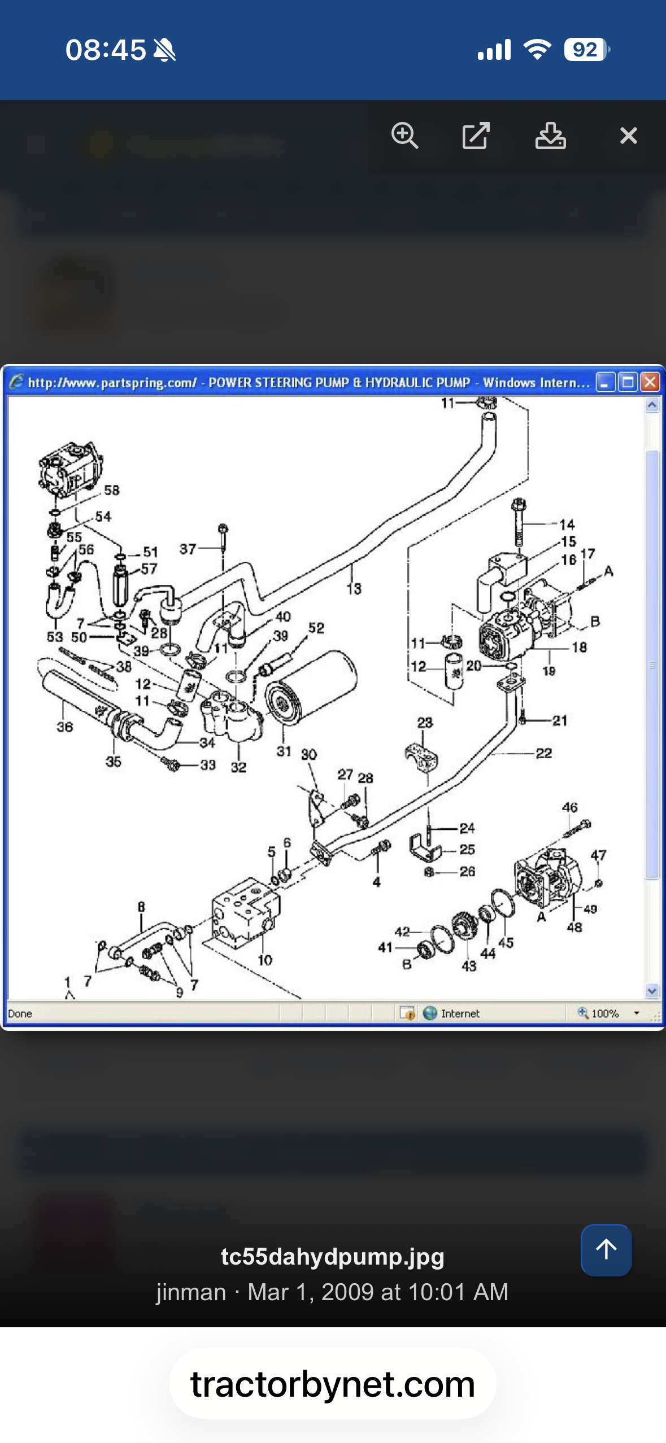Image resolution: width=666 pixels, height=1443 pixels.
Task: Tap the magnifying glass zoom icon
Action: (x=404, y=135)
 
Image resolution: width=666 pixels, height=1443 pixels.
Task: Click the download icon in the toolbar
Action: (x=550, y=135)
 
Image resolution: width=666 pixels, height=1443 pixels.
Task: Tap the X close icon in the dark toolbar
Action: (x=628, y=135)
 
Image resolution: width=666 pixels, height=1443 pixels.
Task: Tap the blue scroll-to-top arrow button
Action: (x=606, y=1249)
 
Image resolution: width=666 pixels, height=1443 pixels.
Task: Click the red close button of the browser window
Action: (x=650, y=382)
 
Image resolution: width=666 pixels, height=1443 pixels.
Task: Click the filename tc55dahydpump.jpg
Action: (x=332, y=1257)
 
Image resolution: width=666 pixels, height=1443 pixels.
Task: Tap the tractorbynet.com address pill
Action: (x=333, y=1384)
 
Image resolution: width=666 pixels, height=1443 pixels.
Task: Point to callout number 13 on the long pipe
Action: (x=354, y=589)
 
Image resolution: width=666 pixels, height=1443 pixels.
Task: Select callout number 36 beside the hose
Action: (x=64, y=727)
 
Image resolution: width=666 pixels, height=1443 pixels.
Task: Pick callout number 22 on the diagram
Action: (x=543, y=753)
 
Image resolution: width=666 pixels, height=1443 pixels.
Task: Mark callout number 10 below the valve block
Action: (x=264, y=960)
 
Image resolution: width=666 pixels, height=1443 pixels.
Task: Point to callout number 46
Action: (x=569, y=807)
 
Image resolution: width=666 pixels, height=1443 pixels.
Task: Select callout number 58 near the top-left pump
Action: (x=112, y=490)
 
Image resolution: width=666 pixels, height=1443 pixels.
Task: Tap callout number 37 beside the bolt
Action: (x=188, y=549)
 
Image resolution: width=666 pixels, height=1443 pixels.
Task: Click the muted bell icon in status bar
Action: (x=164, y=50)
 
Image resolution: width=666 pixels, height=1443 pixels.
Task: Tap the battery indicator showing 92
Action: (x=586, y=50)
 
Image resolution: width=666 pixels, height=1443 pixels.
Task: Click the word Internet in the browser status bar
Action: (x=460, y=1013)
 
